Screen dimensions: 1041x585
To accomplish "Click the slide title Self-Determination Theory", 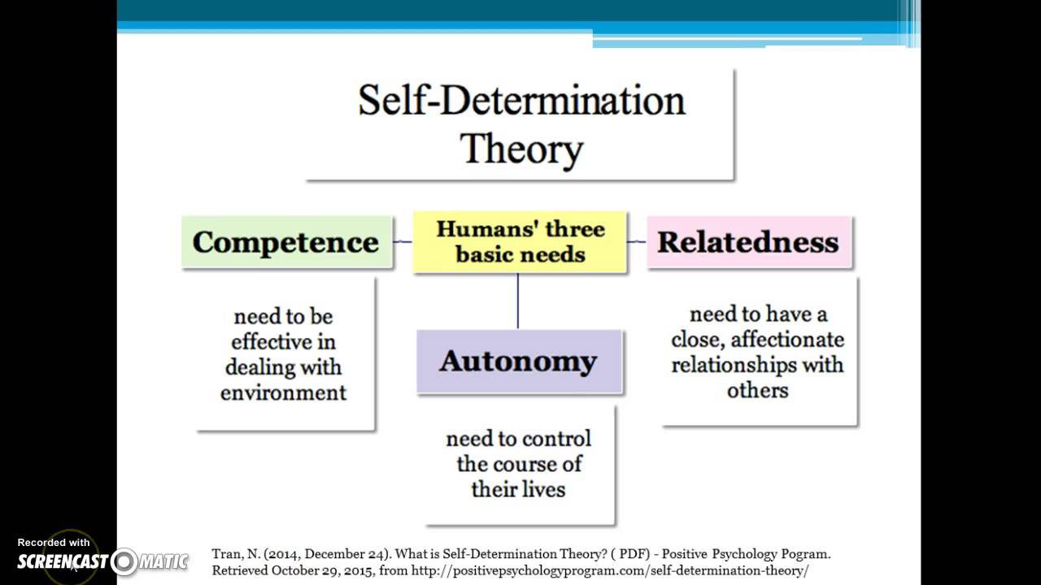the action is [520, 124].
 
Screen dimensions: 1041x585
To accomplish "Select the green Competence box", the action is [286, 242].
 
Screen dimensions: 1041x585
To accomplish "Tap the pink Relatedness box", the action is [748, 242].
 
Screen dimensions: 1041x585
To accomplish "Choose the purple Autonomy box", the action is [519, 362].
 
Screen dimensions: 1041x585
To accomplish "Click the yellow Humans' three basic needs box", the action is [520, 241].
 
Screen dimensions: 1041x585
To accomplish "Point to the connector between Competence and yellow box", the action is [403, 241].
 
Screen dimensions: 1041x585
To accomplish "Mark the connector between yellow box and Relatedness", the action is [637, 241].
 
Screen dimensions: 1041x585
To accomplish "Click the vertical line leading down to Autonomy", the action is [518, 301].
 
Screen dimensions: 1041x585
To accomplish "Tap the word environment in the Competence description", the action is [283, 392].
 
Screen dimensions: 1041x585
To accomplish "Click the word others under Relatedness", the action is [757, 390].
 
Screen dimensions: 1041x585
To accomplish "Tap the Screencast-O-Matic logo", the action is [102, 561].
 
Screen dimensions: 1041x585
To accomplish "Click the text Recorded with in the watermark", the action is [54, 542].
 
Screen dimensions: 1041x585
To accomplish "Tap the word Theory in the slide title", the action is [521, 149].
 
